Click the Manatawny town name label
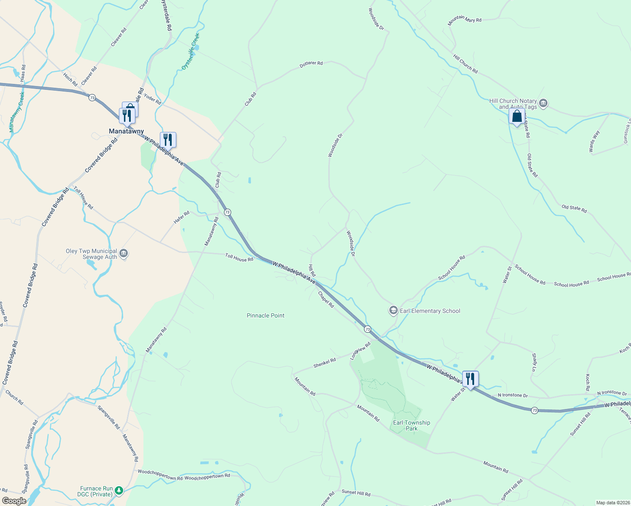pos(126,131)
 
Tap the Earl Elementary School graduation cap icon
pos(393,311)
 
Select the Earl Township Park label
pos(411,425)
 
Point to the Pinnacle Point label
pos(265,315)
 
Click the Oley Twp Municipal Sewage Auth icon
pos(124,253)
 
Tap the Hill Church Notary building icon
pos(543,103)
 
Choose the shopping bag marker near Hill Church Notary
pos(517,116)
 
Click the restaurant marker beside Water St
pos(470,379)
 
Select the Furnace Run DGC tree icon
pos(119,490)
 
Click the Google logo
pos(14,501)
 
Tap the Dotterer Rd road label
pos(311,64)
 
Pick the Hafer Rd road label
pos(182,218)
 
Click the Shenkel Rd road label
pos(324,363)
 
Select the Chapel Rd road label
pos(326,299)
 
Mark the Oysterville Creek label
pos(190,52)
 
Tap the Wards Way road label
pos(594,142)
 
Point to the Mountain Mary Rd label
pos(464,19)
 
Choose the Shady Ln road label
pos(534,363)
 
